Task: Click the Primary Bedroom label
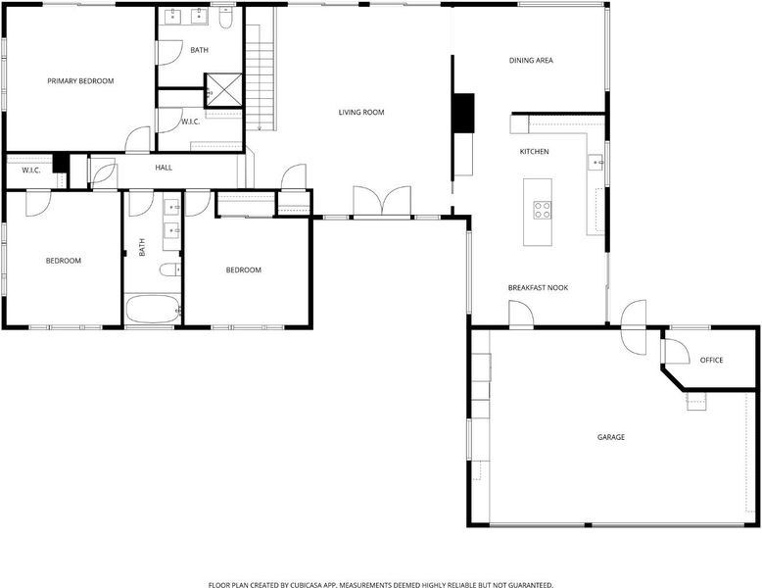pos(80,81)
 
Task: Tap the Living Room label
pos(361,113)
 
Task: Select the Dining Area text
pos(531,61)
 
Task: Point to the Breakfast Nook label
pos(538,287)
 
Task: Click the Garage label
pos(611,437)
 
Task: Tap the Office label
pos(711,360)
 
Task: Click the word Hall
pos(164,168)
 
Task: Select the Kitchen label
pos(534,152)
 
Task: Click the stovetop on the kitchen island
pos(543,210)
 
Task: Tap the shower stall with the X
pos(223,90)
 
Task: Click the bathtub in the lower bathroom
pos(153,309)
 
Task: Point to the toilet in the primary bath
pos(225,18)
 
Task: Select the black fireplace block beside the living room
pos(463,113)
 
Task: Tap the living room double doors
pos(382,201)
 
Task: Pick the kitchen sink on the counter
pos(595,162)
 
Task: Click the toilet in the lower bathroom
pos(170,269)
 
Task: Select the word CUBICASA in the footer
pos(307,585)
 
